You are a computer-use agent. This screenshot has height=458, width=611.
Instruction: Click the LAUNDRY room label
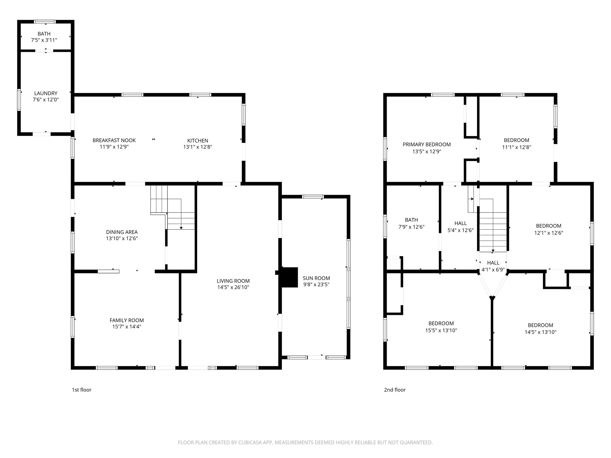46,93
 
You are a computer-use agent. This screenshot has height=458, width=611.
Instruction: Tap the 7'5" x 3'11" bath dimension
44,40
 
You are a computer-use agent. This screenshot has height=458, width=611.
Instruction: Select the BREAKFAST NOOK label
114,140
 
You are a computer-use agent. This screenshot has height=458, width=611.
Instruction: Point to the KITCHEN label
198,140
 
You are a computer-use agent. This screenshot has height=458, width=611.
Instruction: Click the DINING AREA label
122,232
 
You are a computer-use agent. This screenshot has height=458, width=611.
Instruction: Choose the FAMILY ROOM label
127,320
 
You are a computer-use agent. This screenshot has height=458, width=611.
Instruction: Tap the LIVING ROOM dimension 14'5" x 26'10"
233,287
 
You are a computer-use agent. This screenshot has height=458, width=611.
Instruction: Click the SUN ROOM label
316,278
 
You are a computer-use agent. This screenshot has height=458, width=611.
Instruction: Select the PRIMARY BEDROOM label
427,145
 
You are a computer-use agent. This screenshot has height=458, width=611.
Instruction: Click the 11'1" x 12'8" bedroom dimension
517,147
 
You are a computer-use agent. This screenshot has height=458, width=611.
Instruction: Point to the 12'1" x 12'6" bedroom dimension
549,233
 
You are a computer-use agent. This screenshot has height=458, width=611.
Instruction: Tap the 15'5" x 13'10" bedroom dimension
441,330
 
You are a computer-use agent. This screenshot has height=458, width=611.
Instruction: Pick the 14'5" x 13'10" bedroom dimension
541,332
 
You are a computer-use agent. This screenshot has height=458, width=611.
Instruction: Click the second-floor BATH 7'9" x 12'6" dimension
411,227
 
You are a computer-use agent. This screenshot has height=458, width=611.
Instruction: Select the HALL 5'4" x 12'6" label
461,227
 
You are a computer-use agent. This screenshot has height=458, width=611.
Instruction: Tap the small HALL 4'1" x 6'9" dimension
493,270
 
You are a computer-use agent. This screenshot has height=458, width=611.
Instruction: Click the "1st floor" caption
82,390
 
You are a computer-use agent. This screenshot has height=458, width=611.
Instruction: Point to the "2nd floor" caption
395,390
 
